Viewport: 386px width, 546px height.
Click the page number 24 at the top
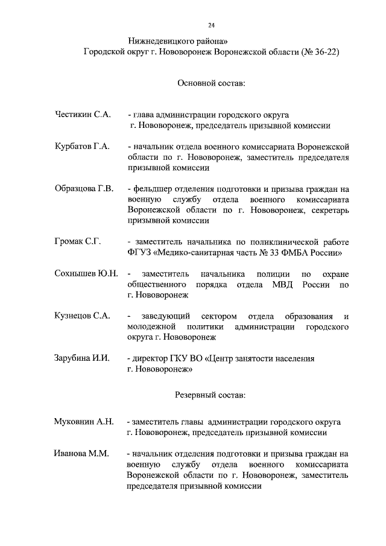(212, 25)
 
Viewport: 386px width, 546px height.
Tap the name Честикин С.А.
(83, 114)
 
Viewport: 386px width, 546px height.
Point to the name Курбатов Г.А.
(82, 147)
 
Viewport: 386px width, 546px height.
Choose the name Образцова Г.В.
(84, 188)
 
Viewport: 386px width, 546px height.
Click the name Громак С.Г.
(77, 241)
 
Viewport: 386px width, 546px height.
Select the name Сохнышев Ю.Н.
(86, 273)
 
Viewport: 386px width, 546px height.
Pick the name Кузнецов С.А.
(82, 316)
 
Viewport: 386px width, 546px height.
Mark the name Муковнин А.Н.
(84, 421)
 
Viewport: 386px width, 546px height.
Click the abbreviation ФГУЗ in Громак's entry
(140, 252)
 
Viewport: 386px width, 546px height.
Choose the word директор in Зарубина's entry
(151, 358)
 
